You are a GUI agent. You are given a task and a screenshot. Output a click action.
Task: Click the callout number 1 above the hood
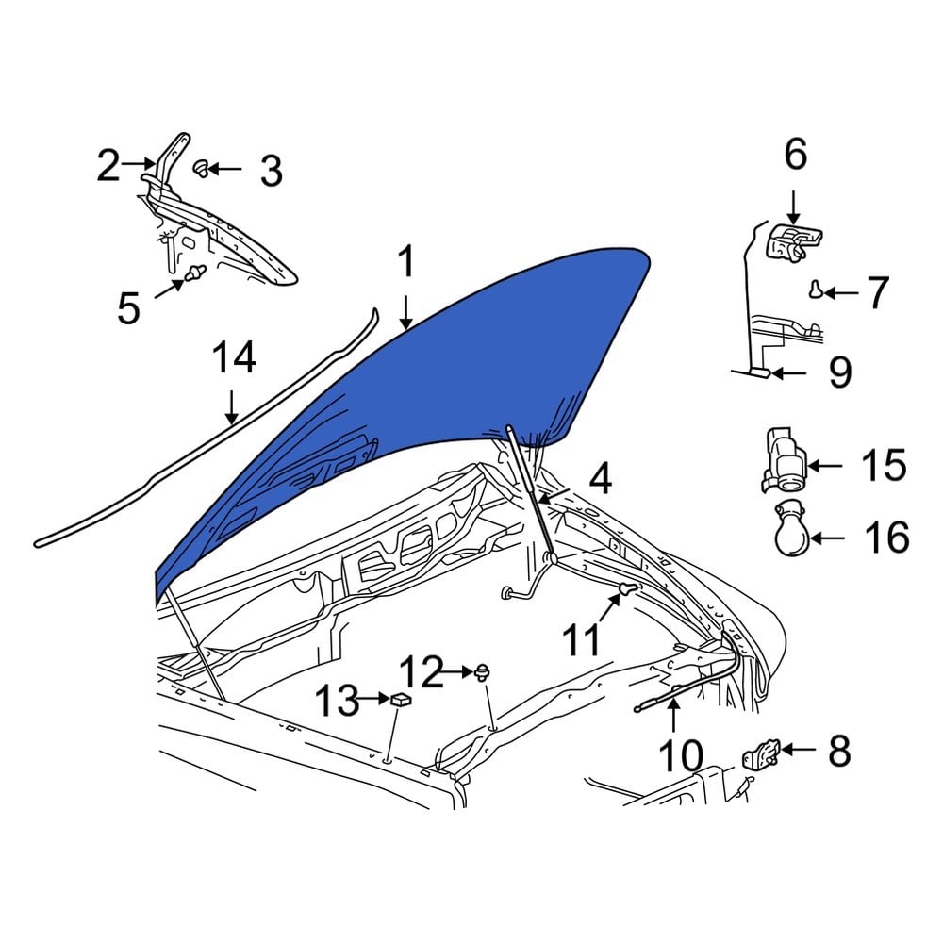tap(405, 264)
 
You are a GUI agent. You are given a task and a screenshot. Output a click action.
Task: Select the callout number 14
tap(233, 359)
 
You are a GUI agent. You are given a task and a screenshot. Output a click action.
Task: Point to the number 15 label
tap(884, 466)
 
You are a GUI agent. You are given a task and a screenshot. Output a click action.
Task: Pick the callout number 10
tap(680, 755)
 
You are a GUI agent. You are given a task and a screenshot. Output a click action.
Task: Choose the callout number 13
tap(336, 701)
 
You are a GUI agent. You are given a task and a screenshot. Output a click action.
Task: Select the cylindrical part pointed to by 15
tap(782, 460)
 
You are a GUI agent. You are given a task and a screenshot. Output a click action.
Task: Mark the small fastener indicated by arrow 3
tap(201, 169)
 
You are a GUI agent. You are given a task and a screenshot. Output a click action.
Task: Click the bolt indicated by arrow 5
tap(195, 274)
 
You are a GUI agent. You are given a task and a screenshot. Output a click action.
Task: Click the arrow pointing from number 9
tap(789, 374)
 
